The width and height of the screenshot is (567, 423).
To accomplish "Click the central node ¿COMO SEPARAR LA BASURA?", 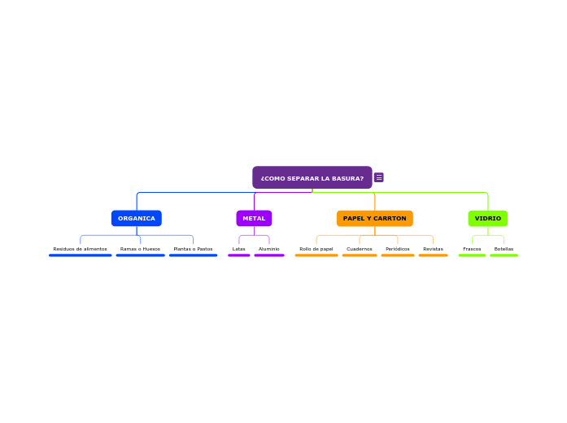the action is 312,177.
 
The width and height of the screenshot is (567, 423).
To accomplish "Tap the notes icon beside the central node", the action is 378,177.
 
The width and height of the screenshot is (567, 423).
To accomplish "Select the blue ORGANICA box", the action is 137,218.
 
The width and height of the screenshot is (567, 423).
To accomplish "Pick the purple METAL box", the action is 254,218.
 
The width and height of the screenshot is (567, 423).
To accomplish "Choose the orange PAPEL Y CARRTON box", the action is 375,218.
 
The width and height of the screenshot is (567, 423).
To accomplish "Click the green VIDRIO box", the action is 488,218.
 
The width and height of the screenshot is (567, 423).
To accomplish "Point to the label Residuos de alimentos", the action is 80,249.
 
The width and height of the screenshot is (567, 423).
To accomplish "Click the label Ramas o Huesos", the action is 140,249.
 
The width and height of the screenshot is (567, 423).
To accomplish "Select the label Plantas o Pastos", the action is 193,249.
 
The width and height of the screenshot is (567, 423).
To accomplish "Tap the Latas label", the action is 238,249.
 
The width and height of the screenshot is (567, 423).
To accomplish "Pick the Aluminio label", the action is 269,249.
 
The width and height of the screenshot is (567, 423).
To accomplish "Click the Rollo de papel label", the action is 316,249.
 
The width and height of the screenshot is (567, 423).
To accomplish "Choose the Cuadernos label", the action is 359,249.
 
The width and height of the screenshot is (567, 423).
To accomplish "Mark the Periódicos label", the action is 398,249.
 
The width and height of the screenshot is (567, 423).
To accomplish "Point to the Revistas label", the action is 433,249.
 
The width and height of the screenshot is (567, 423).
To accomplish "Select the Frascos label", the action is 472,249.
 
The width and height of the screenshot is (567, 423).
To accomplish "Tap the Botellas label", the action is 504,249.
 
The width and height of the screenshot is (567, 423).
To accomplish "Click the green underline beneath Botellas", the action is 504,255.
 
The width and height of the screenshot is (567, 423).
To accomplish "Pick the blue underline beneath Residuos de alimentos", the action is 81,255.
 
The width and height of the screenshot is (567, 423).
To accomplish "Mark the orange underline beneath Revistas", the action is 434,255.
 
